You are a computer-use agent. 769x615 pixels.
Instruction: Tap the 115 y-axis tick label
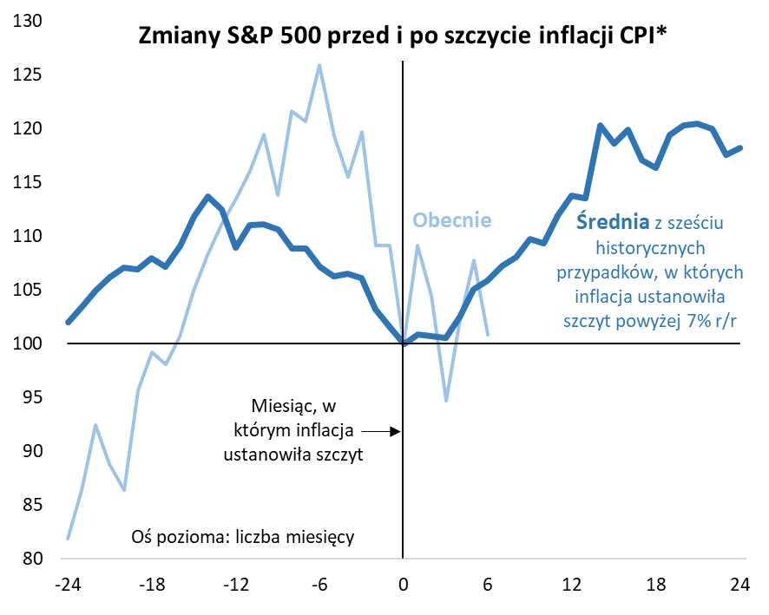[31, 182]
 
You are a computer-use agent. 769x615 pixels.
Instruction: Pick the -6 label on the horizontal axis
[318, 584]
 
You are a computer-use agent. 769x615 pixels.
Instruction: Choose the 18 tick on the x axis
[657, 584]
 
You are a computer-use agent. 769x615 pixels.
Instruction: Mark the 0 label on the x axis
[404, 584]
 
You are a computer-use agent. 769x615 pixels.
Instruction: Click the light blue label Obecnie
[451, 220]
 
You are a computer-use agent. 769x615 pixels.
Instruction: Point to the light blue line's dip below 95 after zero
[446, 401]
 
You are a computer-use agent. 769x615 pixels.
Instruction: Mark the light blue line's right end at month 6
[488, 334]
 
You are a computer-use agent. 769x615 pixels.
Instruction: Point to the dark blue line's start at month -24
[69, 322]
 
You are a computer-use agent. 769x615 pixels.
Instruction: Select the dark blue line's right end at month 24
[740, 147]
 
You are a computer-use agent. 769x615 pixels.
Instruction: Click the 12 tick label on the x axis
[573, 584]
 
